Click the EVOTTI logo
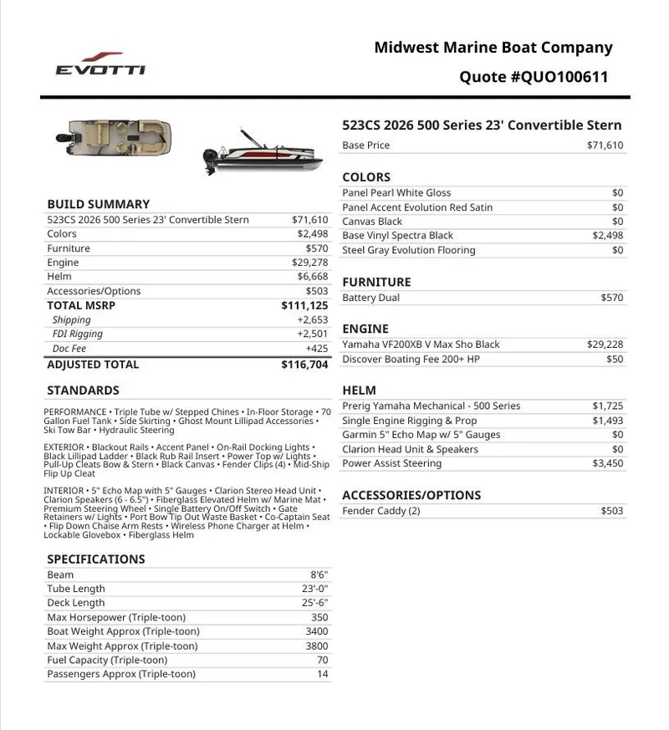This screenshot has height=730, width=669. [x=100, y=64]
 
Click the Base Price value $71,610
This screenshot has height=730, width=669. [x=605, y=145]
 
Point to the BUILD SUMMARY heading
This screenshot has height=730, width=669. [x=99, y=204]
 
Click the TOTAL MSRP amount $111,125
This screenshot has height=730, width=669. [x=304, y=306]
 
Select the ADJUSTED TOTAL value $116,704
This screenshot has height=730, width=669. [x=304, y=365]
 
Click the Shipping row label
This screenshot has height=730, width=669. [x=71, y=320]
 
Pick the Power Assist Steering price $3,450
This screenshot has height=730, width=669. [x=608, y=463]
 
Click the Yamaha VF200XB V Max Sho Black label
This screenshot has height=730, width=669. [x=421, y=345]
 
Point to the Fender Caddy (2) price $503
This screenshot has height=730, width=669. [x=611, y=511]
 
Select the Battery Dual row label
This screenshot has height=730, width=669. [x=370, y=298]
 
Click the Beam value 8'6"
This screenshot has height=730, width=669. [x=319, y=575]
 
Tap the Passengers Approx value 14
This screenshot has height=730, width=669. [x=322, y=674]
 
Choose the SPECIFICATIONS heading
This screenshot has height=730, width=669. [x=96, y=559]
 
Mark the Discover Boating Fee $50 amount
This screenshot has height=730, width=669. [x=615, y=360]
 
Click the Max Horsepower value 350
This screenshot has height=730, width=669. [x=319, y=618]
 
